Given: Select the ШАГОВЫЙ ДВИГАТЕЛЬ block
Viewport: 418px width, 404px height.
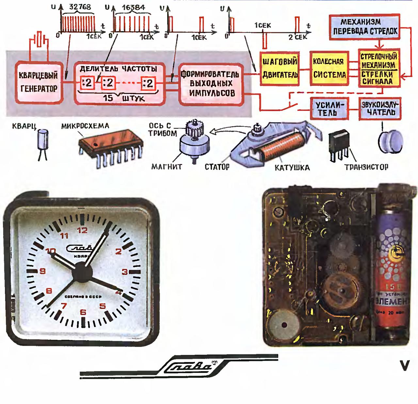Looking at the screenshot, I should [x=280, y=68].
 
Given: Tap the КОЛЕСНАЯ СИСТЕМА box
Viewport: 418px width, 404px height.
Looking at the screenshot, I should [x=329, y=68].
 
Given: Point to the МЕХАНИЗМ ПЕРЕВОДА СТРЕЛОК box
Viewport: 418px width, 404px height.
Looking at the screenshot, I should [x=365, y=27].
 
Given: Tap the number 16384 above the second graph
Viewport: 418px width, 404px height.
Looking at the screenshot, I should [x=133, y=7].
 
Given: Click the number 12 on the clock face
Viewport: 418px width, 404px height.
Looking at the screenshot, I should [x=82, y=231].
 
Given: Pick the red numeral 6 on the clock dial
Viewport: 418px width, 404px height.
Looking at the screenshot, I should [x=83, y=312].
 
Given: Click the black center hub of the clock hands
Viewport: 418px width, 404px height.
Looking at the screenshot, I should [x=81, y=273].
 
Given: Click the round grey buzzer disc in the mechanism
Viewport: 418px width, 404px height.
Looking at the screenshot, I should [x=283, y=325].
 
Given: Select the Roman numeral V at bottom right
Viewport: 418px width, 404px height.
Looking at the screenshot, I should [x=404, y=366].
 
